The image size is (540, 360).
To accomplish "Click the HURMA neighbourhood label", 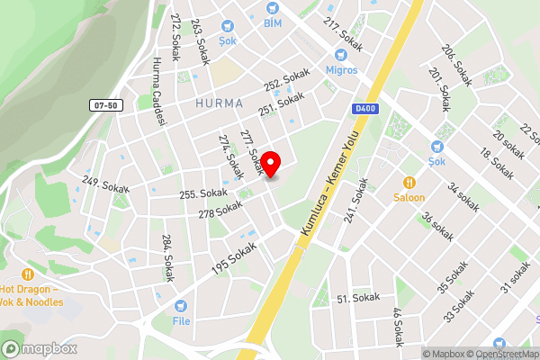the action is coord(219,103).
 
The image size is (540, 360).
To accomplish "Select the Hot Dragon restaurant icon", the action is coord(28,274).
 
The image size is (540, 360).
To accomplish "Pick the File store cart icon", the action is coord(181,306).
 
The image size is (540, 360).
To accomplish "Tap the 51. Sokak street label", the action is coord(355,299).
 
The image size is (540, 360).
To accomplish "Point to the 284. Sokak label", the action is coord(166,259).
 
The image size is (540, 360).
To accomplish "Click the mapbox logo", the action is coord(39,348).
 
